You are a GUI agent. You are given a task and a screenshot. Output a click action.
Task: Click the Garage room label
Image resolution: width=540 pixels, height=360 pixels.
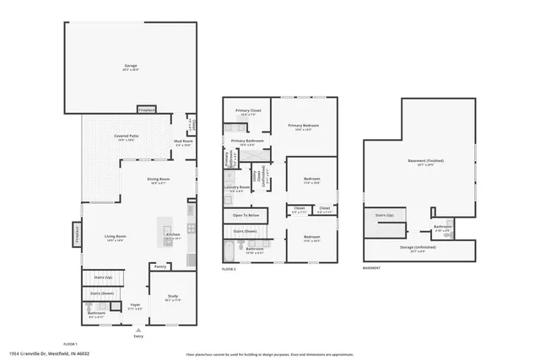[131, 66]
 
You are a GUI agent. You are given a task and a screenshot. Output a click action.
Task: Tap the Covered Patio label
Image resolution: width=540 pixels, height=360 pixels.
[127, 137]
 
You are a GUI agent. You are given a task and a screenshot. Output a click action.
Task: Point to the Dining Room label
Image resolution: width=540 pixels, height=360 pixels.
[159, 179]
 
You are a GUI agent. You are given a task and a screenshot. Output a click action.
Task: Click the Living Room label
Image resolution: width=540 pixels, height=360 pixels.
[115, 236]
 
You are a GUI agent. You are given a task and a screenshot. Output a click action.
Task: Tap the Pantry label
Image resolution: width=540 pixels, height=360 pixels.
[160, 266]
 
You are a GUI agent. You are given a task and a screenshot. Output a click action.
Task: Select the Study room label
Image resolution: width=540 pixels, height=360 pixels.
[171, 296]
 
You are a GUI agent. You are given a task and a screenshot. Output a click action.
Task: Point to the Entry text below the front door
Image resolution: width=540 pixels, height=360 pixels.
[138, 336]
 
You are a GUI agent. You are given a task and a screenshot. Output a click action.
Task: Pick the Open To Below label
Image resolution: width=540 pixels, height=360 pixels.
[246, 216]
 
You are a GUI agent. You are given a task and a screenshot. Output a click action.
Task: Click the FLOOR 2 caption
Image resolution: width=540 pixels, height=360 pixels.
[229, 269]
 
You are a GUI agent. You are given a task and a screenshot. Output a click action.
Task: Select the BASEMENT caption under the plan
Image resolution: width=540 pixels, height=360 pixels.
[371, 269]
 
